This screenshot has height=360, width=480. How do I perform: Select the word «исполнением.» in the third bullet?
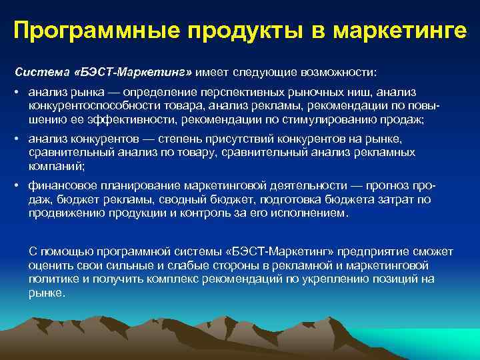coord(312,214)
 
